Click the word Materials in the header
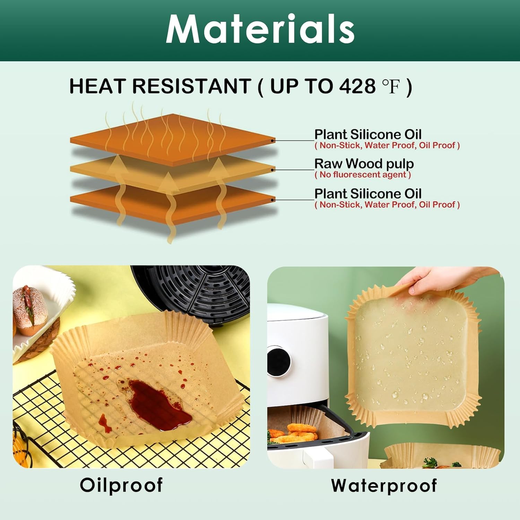click(260, 29)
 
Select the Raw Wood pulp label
click(364, 163)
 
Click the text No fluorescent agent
click(363, 175)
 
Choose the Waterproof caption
click(384, 485)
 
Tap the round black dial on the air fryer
click(279, 361)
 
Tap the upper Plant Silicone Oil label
click(368, 134)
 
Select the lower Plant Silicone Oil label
click(368, 193)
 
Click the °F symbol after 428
click(391, 87)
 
